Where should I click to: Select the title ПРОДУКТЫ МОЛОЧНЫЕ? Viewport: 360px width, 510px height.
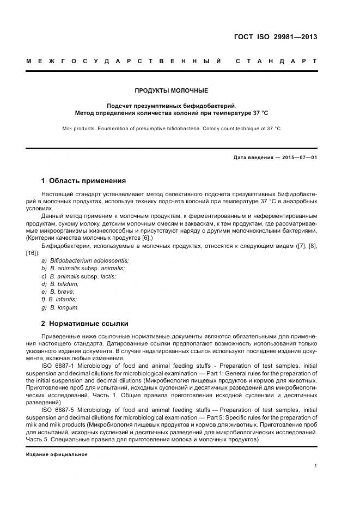[x=172, y=90]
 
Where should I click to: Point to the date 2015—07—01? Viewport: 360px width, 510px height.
[x=298, y=157]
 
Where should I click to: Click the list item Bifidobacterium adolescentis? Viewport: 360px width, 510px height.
[x=89, y=260]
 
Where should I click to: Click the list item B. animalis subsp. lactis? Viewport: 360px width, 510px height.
[x=83, y=276]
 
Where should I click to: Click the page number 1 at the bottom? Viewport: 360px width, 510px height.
[x=316, y=466]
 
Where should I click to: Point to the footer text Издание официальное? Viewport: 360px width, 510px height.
[x=57, y=454]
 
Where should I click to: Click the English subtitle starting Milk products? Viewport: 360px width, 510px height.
[x=172, y=129]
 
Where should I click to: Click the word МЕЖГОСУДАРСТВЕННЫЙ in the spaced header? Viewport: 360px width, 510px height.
[x=124, y=61]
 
